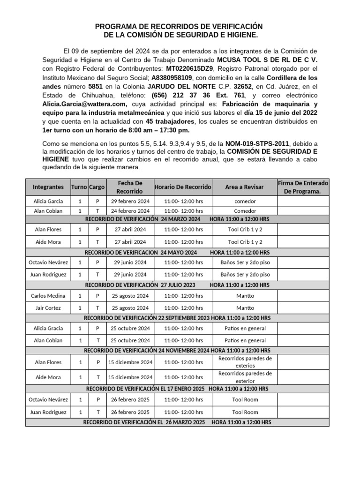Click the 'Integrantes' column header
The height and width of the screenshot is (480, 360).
coord(48,187)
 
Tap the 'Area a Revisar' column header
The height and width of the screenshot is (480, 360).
coord(244,187)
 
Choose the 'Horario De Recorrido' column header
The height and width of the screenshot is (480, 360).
coord(183,187)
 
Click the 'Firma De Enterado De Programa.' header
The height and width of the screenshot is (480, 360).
coord(303,187)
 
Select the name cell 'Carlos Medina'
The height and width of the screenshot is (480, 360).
coord(48,296)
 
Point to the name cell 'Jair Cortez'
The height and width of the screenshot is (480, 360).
coord(48,308)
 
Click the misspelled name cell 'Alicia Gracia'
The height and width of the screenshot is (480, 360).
coord(48,328)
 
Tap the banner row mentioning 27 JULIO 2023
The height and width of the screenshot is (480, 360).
coord(177,285)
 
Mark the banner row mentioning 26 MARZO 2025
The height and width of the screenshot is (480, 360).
coord(177,422)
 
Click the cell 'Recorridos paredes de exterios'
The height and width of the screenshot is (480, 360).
coord(244,362)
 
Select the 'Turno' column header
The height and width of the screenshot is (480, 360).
coord(79,187)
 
